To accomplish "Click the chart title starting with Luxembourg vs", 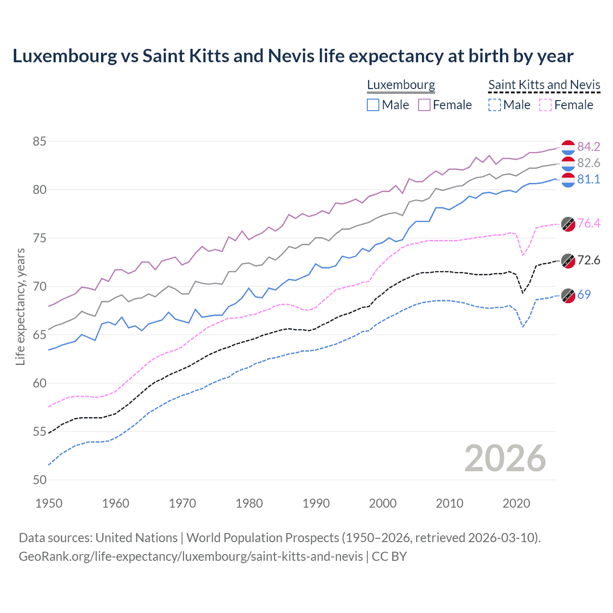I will point(293,56).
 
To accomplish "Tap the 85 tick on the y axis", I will point(39,142).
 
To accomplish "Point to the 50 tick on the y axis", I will point(39,480).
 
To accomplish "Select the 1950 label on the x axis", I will point(49,503).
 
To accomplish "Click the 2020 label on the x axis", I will point(516,503).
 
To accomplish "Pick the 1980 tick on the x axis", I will point(249,503).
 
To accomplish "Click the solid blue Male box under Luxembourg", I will point(373,105).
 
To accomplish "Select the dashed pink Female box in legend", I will point(545,105).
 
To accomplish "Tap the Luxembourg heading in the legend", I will point(401,85).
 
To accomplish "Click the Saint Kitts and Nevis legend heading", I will point(544,85).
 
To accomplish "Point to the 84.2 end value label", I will point(589,147).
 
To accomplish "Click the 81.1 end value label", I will point(589,179).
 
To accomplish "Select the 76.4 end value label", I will point(589,223).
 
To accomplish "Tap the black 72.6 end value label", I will point(589,260).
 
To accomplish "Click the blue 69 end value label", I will point(584,295).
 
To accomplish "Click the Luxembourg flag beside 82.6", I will point(568,163).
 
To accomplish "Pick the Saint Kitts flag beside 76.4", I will point(568,224).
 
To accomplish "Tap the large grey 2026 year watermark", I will point(505,458).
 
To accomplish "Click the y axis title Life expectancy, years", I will point(20,306).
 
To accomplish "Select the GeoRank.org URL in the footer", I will point(191,556).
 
